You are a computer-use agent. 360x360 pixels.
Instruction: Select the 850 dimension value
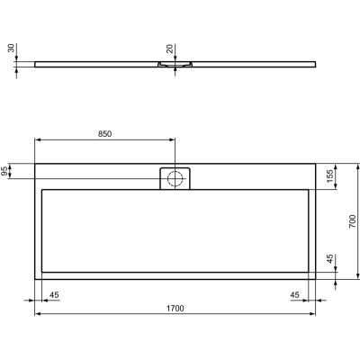[105, 133]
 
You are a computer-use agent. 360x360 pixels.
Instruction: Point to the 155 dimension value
[330, 175]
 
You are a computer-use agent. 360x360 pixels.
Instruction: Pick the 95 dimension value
[5, 170]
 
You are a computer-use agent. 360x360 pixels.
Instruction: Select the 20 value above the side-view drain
[169, 49]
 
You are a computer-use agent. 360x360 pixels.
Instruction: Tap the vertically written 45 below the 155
[330, 261]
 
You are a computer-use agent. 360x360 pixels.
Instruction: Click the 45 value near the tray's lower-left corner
[54, 294]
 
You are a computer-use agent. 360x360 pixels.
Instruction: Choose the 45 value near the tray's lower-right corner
[295, 294]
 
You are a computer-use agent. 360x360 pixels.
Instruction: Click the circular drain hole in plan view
[175, 176]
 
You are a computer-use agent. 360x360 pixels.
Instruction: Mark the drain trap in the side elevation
[175, 65]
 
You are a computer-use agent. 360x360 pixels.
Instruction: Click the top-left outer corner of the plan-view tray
[35, 163]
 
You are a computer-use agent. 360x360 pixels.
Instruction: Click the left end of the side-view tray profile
[36, 64]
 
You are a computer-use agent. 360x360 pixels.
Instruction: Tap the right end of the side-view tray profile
[316, 64]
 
